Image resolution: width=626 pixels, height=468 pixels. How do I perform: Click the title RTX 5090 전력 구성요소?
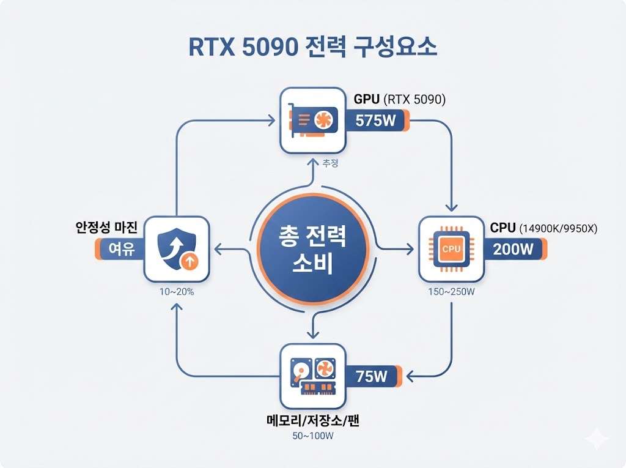[x=312, y=46]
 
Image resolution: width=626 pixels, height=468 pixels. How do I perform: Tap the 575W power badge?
[x=376, y=121]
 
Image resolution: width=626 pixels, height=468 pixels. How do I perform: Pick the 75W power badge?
[x=372, y=376]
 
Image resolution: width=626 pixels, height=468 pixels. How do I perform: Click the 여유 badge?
[x=119, y=250]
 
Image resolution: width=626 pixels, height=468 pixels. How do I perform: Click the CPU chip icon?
[x=451, y=249]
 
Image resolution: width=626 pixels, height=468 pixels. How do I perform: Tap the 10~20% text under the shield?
[x=177, y=292]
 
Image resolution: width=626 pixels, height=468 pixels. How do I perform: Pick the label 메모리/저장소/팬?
[x=312, y=421]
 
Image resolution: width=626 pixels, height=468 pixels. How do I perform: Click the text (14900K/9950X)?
[x=558, y=229]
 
